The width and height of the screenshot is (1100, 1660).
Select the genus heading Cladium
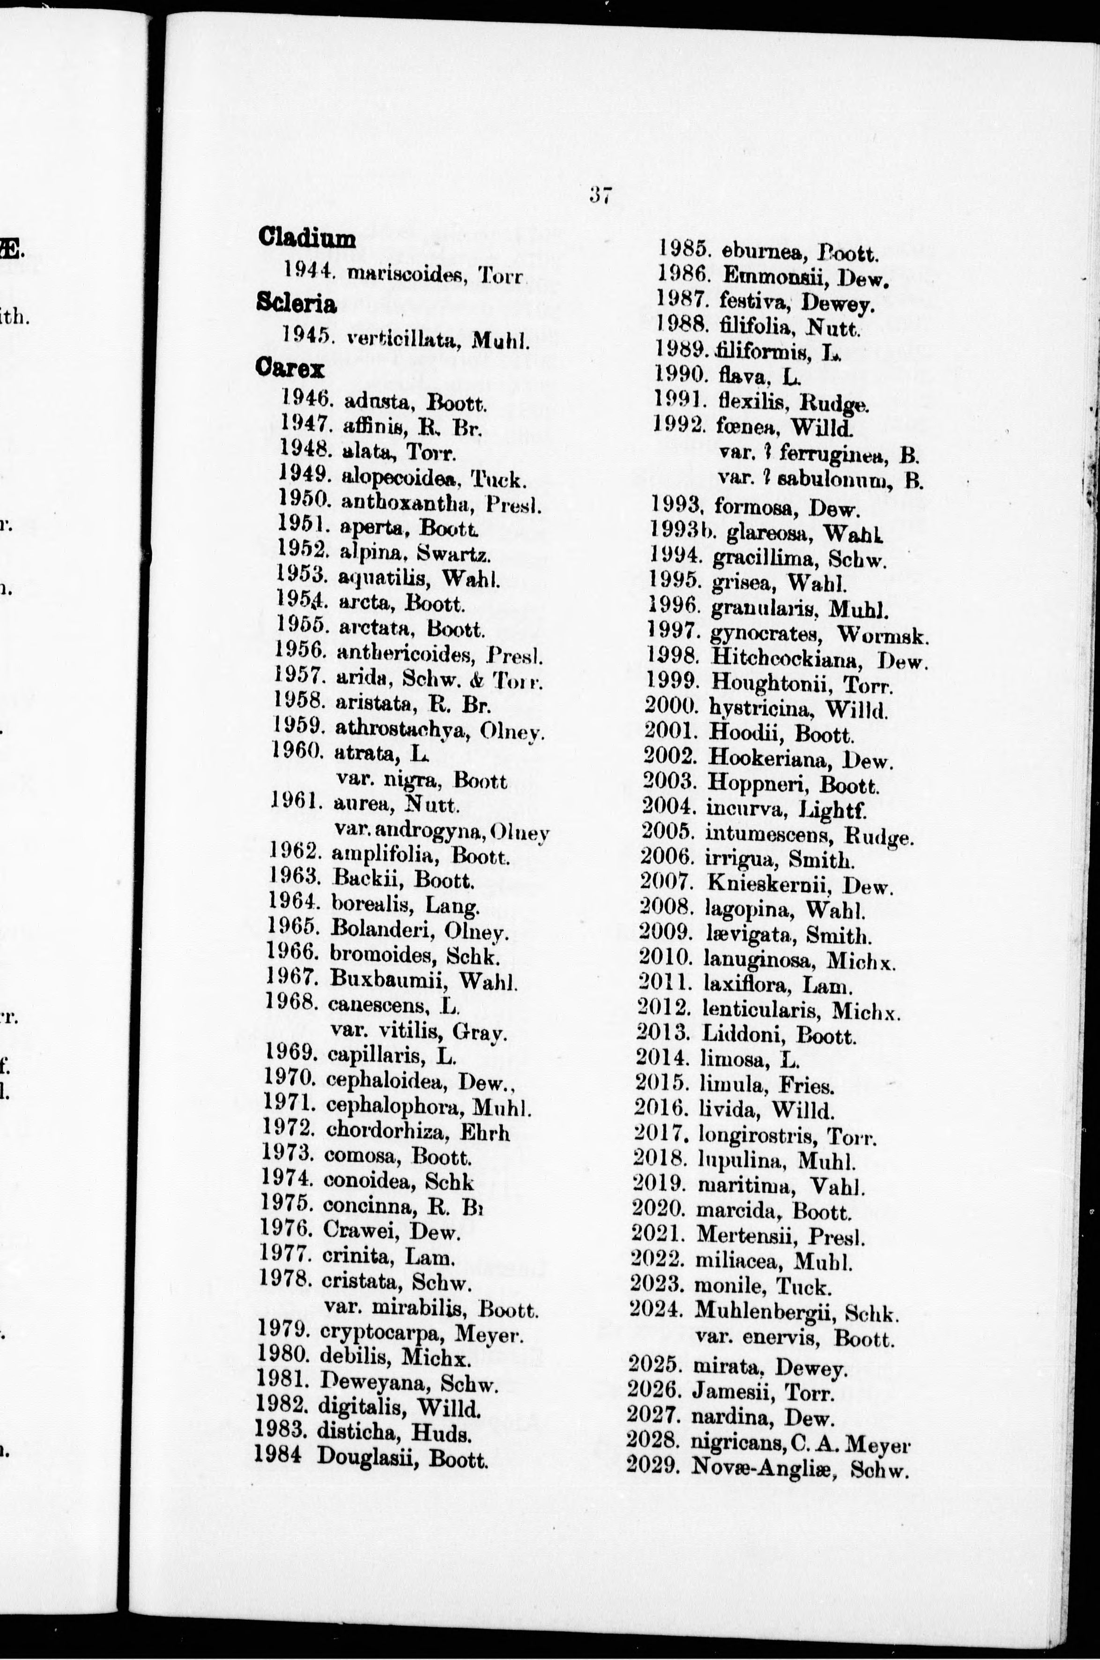[x=306, y=238]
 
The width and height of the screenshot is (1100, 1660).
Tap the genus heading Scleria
[x=296, y=303]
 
